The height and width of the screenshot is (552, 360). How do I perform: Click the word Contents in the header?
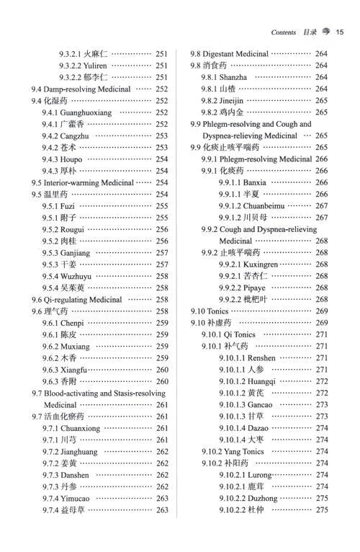284,31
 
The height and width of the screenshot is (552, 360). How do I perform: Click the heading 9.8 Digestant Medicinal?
229,54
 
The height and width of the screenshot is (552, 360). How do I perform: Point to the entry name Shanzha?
233,77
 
